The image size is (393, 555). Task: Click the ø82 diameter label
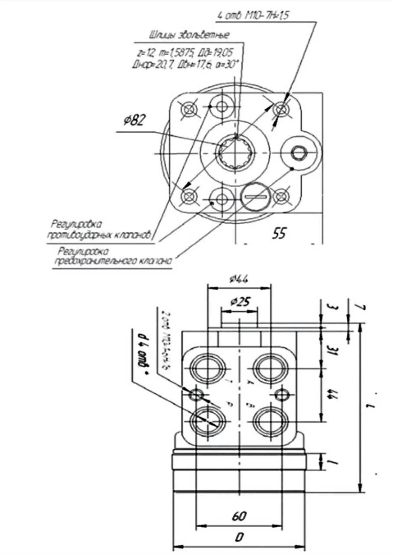coord(134,121)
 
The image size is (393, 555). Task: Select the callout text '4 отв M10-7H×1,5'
coord(253,16)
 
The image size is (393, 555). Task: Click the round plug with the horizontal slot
coord(255,197)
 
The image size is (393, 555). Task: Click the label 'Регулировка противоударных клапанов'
coord(101,230)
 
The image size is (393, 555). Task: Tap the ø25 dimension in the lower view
coord(239,301)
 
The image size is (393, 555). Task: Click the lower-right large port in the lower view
coord(270,420)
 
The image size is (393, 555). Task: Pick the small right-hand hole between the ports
coord(282,395)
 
